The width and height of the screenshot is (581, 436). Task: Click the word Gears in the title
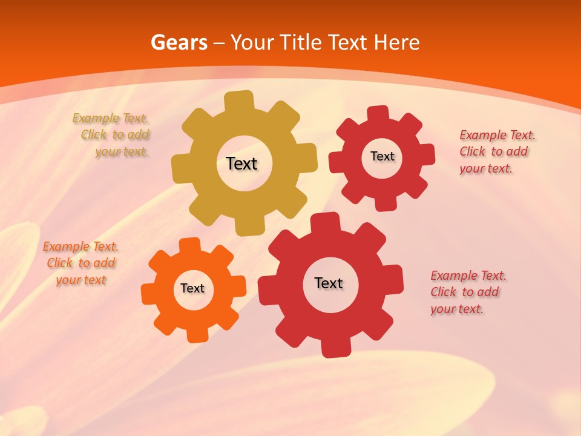(x=179, y=42)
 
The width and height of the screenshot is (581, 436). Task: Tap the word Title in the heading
(x=303, y=42)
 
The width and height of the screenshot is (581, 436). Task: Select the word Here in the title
(x=396, y=42)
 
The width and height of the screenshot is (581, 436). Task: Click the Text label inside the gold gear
(x=241, y=163)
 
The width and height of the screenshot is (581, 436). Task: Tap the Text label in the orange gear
(x=192, y=288)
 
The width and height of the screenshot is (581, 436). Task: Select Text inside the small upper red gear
(x=382, y=156)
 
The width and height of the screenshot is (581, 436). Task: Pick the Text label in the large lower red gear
(x=329, y=283)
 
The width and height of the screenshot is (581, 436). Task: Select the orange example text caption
(x=80, y=263)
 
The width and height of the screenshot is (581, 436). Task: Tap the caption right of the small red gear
(x=496, y=151)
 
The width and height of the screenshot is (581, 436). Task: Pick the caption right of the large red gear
(x=467, y=292)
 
